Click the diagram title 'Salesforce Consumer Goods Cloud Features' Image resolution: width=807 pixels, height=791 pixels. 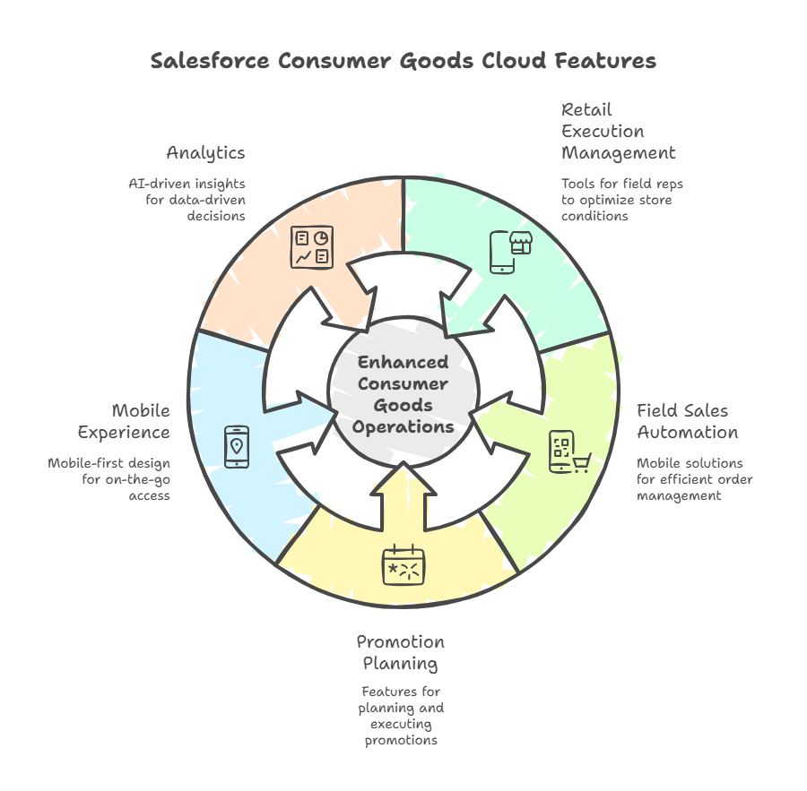click(403, 61)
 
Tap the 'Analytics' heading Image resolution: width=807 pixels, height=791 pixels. click(205, 153)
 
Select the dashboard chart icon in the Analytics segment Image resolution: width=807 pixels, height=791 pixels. click(312, 246)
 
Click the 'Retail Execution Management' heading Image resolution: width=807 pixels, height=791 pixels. click(618, 131)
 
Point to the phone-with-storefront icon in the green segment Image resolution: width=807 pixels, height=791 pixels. click(505, 252)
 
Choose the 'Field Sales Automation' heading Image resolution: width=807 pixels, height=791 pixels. click(687, 422)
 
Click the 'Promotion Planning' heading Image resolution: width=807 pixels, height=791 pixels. click(400, 653)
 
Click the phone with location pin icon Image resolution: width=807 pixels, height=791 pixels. click(237, 446)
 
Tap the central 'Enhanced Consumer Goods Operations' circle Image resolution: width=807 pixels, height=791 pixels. click(403, 395)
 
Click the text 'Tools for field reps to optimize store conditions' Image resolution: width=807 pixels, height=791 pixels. click(621, 200)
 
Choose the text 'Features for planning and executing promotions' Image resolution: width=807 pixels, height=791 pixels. click(400, 716)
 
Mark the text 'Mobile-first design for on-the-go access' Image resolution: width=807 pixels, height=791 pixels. click(109, 479)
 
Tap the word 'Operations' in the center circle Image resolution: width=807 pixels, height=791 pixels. click(403, 427)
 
